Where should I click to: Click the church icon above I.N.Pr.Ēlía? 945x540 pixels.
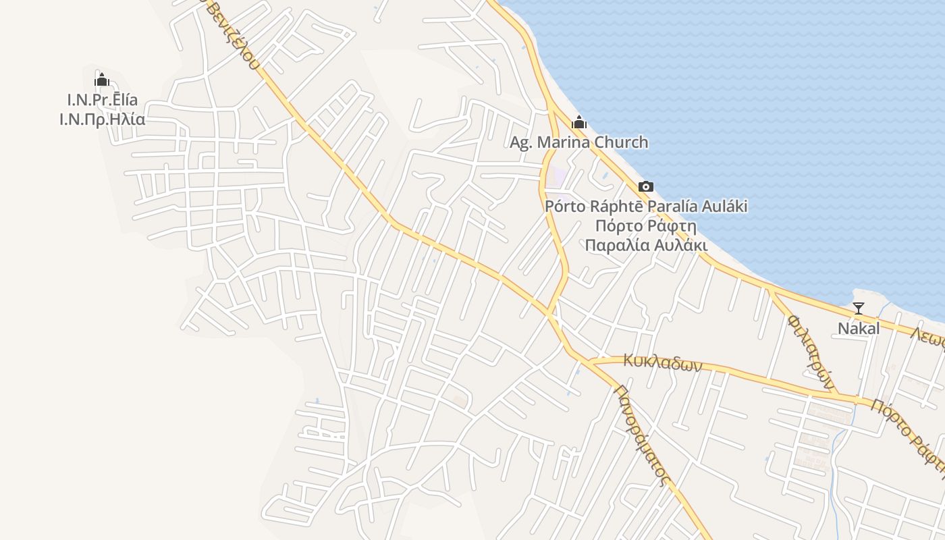pos(102,80)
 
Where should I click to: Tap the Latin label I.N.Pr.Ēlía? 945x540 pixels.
pos(103,100)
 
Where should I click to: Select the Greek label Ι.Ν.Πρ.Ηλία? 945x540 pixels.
pos(103,119)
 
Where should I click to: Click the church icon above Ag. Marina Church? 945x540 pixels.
pos(578,123)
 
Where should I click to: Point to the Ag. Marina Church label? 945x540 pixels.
pos(578,142)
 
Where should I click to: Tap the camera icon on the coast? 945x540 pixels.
pos(646,186)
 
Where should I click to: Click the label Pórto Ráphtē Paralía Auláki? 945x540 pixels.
pos(646,206)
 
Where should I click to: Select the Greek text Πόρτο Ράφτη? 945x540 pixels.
pos(646,225)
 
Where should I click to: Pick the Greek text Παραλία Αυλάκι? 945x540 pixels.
pos(646,244)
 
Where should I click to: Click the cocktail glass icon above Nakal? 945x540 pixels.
pos(859,308)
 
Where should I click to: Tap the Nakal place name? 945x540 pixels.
pos(859,329)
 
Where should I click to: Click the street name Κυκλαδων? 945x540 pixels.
pos(662,362)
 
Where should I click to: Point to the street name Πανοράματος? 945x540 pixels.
pos(642,435)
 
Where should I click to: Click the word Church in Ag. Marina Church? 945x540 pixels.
pos(620,142)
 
